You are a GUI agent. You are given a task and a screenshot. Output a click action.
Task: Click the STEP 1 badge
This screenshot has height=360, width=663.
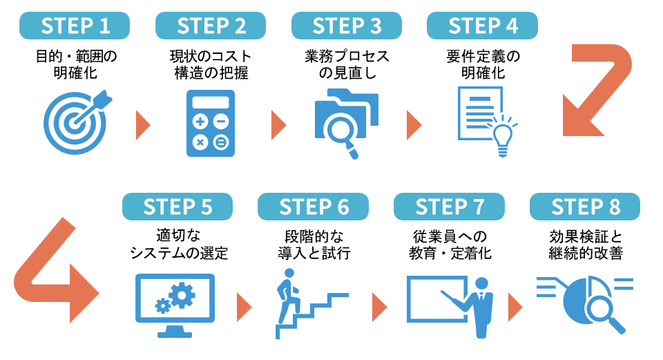75,26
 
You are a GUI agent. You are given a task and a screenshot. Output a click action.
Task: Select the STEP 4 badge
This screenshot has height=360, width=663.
483,26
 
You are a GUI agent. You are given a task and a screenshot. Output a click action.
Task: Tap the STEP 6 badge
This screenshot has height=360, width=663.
314,207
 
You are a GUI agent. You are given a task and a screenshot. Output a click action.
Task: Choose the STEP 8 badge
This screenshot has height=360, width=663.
585,207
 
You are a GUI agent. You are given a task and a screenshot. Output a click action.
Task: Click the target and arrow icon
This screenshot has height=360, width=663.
77,122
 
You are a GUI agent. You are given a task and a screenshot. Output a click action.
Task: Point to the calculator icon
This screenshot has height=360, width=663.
211,124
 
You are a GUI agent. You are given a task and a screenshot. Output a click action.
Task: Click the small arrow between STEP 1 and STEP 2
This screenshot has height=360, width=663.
143,124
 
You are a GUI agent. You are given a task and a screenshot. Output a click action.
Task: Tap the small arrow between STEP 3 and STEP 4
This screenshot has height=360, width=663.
414,124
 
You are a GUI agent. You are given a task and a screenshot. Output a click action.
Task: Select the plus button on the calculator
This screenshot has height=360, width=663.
200,122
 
